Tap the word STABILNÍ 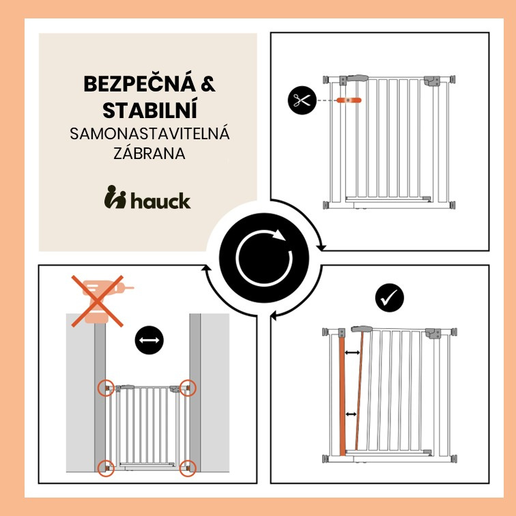[x=149, y=110]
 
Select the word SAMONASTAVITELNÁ [x=149, y=134]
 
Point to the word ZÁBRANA [x=149, y=153]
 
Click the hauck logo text [x=160, y=201]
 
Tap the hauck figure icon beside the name [x=115, y=197]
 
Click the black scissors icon [x=302, y=100]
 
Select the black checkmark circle [x=389, y=298]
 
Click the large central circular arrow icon [x=264, y=258]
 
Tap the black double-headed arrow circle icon [x=149, y=340]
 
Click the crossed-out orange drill [x=98, y=301]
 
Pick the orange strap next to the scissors [x=349, y=100]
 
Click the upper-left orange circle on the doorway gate [x=106, y=388]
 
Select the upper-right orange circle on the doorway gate [x=188, y=388]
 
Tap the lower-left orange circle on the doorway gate [x=106, y=468]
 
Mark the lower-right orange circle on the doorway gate [x=188, y=468]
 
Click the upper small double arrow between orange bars [x=352, y=353]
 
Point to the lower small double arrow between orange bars [x=351, y=414]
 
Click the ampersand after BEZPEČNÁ [x=208, y=83]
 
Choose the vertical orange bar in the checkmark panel [x=342, y=397]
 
